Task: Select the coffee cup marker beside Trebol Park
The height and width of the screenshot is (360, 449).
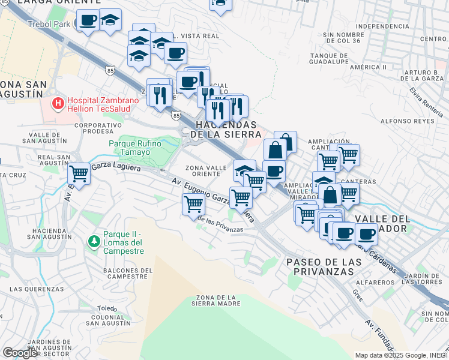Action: (88, 21)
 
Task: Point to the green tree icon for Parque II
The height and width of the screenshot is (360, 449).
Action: (94, 242)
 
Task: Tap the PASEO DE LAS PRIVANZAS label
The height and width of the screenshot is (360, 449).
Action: (324, 267)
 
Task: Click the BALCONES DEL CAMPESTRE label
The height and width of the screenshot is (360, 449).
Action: (125, 274)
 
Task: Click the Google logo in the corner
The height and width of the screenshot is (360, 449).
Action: (20, 353)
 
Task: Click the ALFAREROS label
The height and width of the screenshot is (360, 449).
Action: (354, 281)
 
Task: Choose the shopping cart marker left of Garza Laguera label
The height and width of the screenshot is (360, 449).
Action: (79, 174)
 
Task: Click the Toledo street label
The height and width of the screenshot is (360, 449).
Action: (107, 308)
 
